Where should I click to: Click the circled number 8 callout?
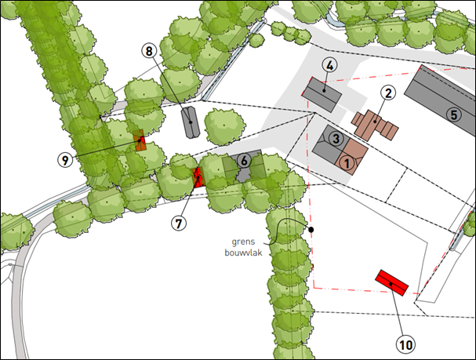[149, 51]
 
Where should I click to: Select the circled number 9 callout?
[65, 160]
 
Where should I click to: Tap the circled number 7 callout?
[179, 224]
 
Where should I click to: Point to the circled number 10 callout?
[406, 344]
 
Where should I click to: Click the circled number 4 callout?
[330, 66]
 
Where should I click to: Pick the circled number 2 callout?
[388, 93]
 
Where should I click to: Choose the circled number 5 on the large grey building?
[454, 115]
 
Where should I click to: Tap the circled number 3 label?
[336, 139]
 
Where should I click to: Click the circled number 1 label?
[347, 163]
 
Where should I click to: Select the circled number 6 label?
[244, 161]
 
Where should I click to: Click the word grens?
[243, 242]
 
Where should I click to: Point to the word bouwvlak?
[243, 253]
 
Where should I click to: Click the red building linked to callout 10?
[392, 282]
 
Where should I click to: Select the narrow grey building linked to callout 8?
[190, 122]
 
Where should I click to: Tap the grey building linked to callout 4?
[322, 94]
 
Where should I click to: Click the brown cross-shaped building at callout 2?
[375, 125]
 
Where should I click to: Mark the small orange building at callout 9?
[140, 140]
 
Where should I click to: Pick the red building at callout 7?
[198, 177]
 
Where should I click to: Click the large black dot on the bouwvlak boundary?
[311, 230]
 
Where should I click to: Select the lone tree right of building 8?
[224, 126]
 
